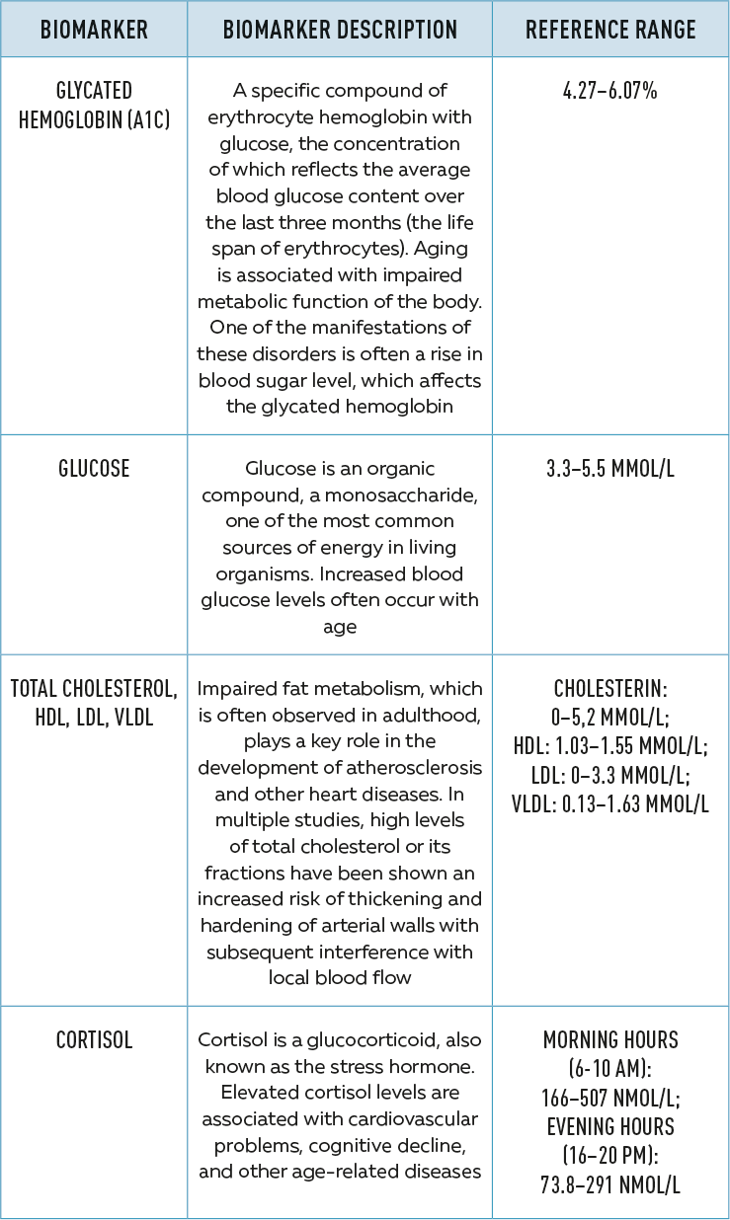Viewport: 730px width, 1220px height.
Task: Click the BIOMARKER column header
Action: [x=94, y=29]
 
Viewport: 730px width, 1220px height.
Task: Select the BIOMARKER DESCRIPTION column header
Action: [x=340, y=29]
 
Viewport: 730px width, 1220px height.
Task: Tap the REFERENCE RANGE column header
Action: [x=610, y=29]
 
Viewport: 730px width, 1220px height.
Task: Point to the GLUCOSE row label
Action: [x=94, y=468]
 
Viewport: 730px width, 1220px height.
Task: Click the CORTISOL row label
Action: [x=94, y=1039]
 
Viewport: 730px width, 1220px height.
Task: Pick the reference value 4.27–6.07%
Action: [x=609, y=92]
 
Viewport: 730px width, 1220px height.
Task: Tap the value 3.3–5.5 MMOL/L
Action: [x=609, y=468]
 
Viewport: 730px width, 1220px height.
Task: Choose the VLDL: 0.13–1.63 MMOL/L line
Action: [x=609, y=803]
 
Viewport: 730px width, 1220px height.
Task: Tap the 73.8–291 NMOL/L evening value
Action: [x=609, y=1182]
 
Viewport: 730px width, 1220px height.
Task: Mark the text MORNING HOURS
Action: [x=609, y=1039]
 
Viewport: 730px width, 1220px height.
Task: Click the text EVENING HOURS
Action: [x=609, y=1125]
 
